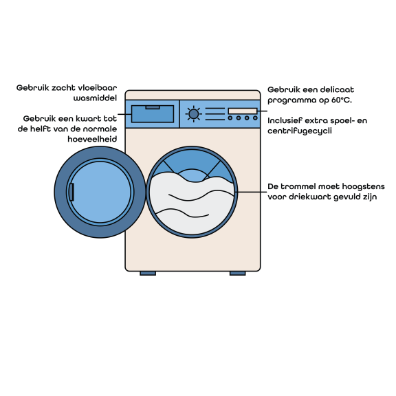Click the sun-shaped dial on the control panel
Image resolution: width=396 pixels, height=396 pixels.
(x=194, y=114)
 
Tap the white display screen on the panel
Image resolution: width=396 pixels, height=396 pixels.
(x=243, y=111)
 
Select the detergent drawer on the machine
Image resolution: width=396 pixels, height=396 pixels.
(x=153, y=114)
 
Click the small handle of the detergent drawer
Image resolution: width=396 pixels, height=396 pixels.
(x=153, y=107)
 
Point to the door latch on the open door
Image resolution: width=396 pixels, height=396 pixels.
(x=71, y=192)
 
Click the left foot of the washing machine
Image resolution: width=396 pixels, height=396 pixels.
(x=148, y=273)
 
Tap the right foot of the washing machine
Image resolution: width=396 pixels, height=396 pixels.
(x=237, y=273)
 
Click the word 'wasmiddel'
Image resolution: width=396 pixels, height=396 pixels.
(x=95, y=98)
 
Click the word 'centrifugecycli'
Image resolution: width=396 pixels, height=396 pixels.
(x=300, y=131)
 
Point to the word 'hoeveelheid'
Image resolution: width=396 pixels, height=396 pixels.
(x=92, y=139)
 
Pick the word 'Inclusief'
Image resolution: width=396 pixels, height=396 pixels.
(x=285, y=120)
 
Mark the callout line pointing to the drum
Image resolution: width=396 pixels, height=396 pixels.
(x=251, y=192)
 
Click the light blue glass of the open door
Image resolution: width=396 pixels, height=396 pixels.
(x=100, y=192)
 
